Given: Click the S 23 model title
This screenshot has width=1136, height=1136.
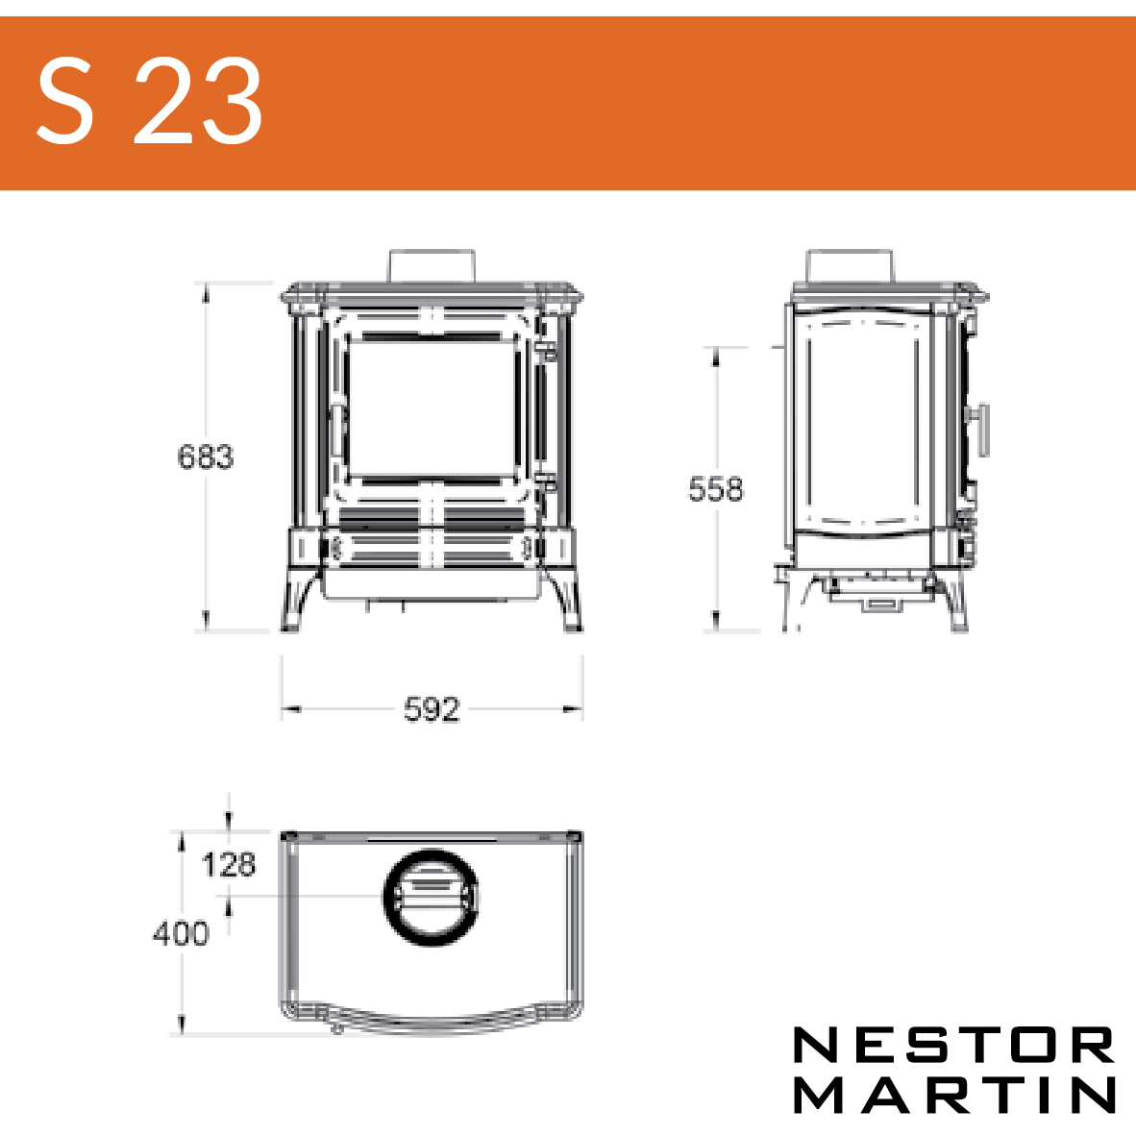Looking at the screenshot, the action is pyautogui.click(x=149, y=101).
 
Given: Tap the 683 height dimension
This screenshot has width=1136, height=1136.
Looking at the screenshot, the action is pyautogui.click(x=205, y=457).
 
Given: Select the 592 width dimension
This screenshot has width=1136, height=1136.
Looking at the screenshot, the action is pyautogui.click(x=432, y=709).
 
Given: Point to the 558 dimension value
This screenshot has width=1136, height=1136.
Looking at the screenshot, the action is pyautogui.click(x=716, y=489).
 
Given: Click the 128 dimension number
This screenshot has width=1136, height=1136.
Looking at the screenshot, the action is pyautogui.click(x=228, y=865).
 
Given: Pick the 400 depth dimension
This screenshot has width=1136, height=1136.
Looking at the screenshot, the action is pyautogui.click(x=181, y=933).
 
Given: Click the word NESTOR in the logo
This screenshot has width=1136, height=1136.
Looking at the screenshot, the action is pyautogui.click(x=953, y=1045).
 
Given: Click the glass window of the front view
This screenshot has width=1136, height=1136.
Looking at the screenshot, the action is pyautogui.click(x=432, y=409).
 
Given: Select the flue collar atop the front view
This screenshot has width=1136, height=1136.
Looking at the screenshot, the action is pyautogui.click(x=432, y=266).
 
